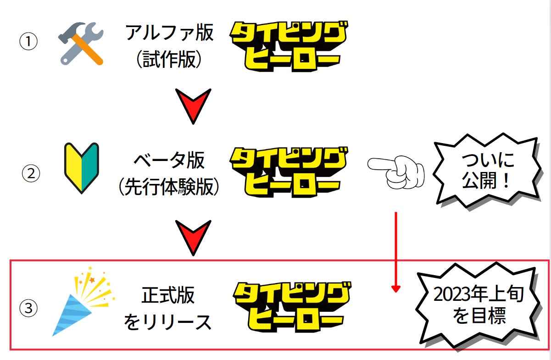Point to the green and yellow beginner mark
pos(82,168)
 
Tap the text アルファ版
pos(169,33)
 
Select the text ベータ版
pos(169,161)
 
